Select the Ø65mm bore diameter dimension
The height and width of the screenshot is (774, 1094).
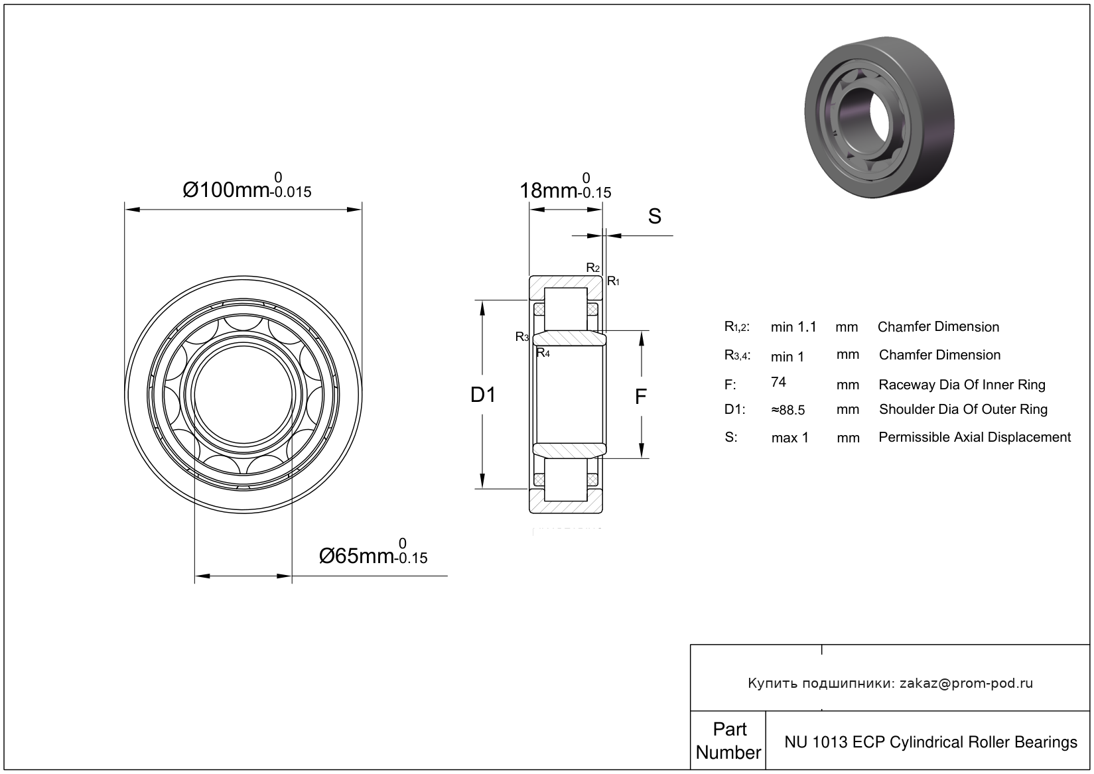(x=373, y=554)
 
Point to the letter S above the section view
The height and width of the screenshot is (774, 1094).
(x=654, y=216)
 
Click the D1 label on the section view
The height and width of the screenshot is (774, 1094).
(x=483, y=395)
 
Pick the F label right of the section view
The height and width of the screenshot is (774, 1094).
(x=640, y=397)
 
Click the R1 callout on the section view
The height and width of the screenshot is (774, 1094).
(x=614, y=281)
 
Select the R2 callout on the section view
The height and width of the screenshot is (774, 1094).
(x=593, y=268)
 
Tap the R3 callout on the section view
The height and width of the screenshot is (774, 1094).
(x=522, y=337)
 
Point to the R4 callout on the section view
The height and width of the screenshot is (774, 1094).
(x=543, y=353)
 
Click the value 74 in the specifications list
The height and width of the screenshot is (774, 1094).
(x=779, y=382)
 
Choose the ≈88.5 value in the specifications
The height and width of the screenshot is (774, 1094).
(x=788, y=410)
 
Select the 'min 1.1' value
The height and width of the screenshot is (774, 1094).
(x=793, y=327)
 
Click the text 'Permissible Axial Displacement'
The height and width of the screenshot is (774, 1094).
(x=975, y=437)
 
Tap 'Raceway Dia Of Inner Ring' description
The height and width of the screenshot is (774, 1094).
(x=962, y=385)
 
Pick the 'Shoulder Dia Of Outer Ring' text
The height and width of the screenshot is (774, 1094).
(x=963, y=409)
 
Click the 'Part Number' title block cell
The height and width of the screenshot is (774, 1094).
(x=728, y=740)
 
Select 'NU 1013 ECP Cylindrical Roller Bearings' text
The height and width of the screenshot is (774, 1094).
(x=931, y=742)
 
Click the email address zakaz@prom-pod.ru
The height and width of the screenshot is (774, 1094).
(x=966, y=683)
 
